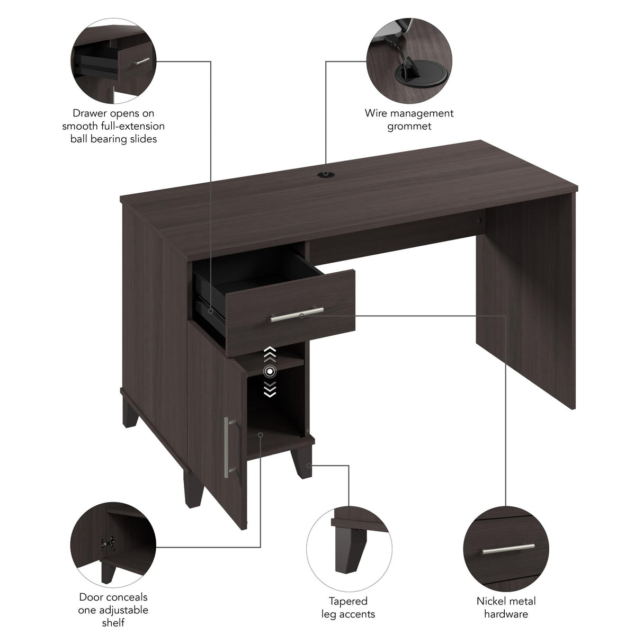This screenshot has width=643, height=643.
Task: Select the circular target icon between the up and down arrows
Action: point(270,372)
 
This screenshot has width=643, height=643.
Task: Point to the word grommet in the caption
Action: point(409,126)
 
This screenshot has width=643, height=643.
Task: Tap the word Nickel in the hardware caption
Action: point(490,601)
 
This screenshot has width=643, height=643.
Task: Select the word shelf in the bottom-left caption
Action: point(113,622)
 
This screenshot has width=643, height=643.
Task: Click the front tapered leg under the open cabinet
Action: point(305,471)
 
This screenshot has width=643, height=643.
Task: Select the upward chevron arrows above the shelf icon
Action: point(270,352)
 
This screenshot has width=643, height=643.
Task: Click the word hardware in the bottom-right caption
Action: point(506,614)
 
